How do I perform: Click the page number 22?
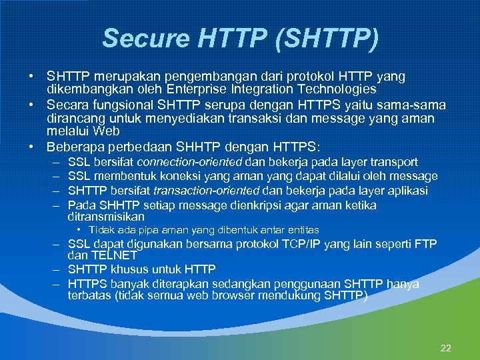446,348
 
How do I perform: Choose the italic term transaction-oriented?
200,191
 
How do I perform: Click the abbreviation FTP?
424,244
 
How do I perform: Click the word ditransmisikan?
106,217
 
